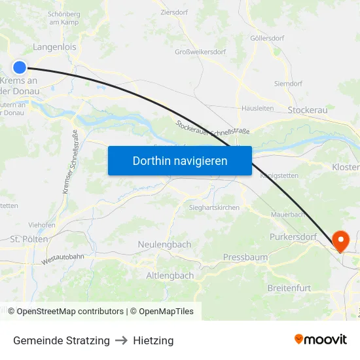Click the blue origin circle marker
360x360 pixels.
click(x=20, y=67)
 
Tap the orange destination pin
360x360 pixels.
click(x=341, y=240)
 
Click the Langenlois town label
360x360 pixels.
click(x=55, y=47)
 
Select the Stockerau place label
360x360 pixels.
click(x=308, y=111)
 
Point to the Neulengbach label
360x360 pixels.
click(x=164, y=244)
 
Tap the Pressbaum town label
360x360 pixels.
click(x=245, y=257)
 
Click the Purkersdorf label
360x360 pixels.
click(x=293, y=236)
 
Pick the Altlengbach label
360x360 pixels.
click(x=170, y=276)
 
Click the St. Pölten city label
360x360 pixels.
click(x=29, y=240)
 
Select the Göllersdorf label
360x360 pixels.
click(x=267, y=38)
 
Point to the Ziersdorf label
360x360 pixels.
click(x=173, y=12)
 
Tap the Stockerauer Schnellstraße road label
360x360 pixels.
click(x=213, y=128)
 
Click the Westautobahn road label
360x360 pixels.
click(x=63, y=259)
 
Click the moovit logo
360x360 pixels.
click(x=321, y=340)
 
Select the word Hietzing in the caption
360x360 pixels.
click(x=153, y=340)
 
